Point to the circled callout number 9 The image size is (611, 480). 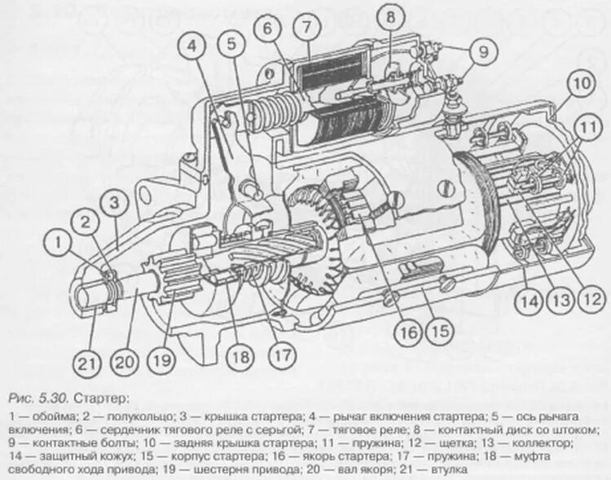481,53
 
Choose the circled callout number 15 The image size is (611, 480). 441,332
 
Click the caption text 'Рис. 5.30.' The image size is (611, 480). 38,399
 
